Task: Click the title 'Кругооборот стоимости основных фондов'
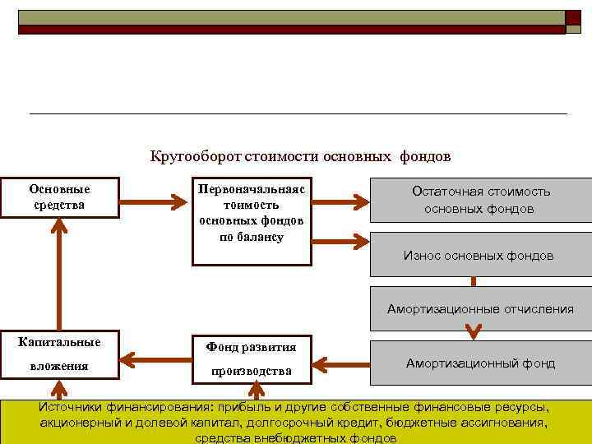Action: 301,155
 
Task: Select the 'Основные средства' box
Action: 59,197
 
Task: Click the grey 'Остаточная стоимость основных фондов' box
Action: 480,200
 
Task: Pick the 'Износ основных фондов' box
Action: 480,256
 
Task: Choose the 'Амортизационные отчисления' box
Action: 480,310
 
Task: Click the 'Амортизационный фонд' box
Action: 480,363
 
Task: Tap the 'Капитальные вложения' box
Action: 59,354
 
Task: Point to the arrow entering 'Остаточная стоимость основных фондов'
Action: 340,199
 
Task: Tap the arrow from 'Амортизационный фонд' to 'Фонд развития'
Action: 340,362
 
